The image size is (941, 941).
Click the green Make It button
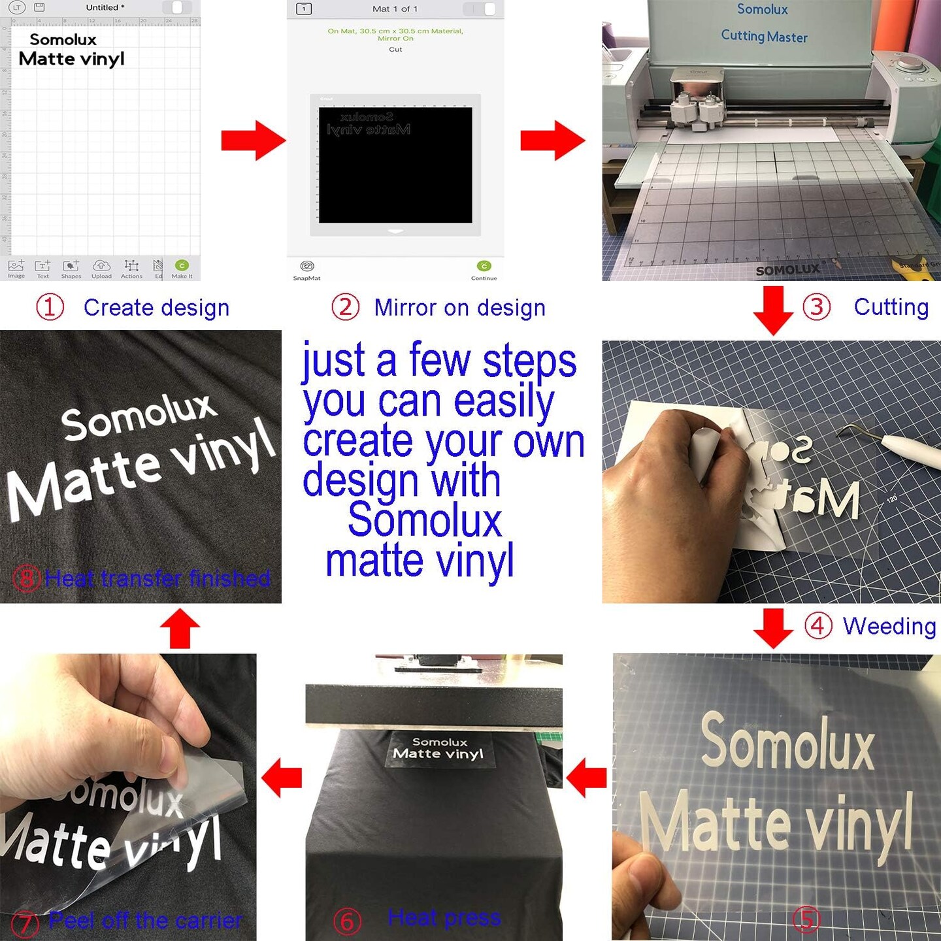point(182,265)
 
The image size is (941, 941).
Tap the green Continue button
point(484,266)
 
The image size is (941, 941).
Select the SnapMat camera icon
point(306,266)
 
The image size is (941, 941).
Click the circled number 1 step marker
point(50,307)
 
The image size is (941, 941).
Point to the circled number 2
point(345,307)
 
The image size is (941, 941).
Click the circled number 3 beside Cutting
point(816,306)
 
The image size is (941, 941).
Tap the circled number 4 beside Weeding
point(817,625)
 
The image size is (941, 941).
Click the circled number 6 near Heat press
point(347,921)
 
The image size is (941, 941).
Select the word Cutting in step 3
point(891,306)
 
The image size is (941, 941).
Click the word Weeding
point(889,626)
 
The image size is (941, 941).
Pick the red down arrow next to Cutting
point(773,310)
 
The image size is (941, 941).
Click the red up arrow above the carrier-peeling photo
point(180,629)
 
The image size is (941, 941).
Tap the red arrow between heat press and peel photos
point(282,778)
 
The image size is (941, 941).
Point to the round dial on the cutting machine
point(906,66)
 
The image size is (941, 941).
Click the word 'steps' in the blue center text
point(529,361)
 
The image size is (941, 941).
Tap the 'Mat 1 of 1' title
point(395,8)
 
